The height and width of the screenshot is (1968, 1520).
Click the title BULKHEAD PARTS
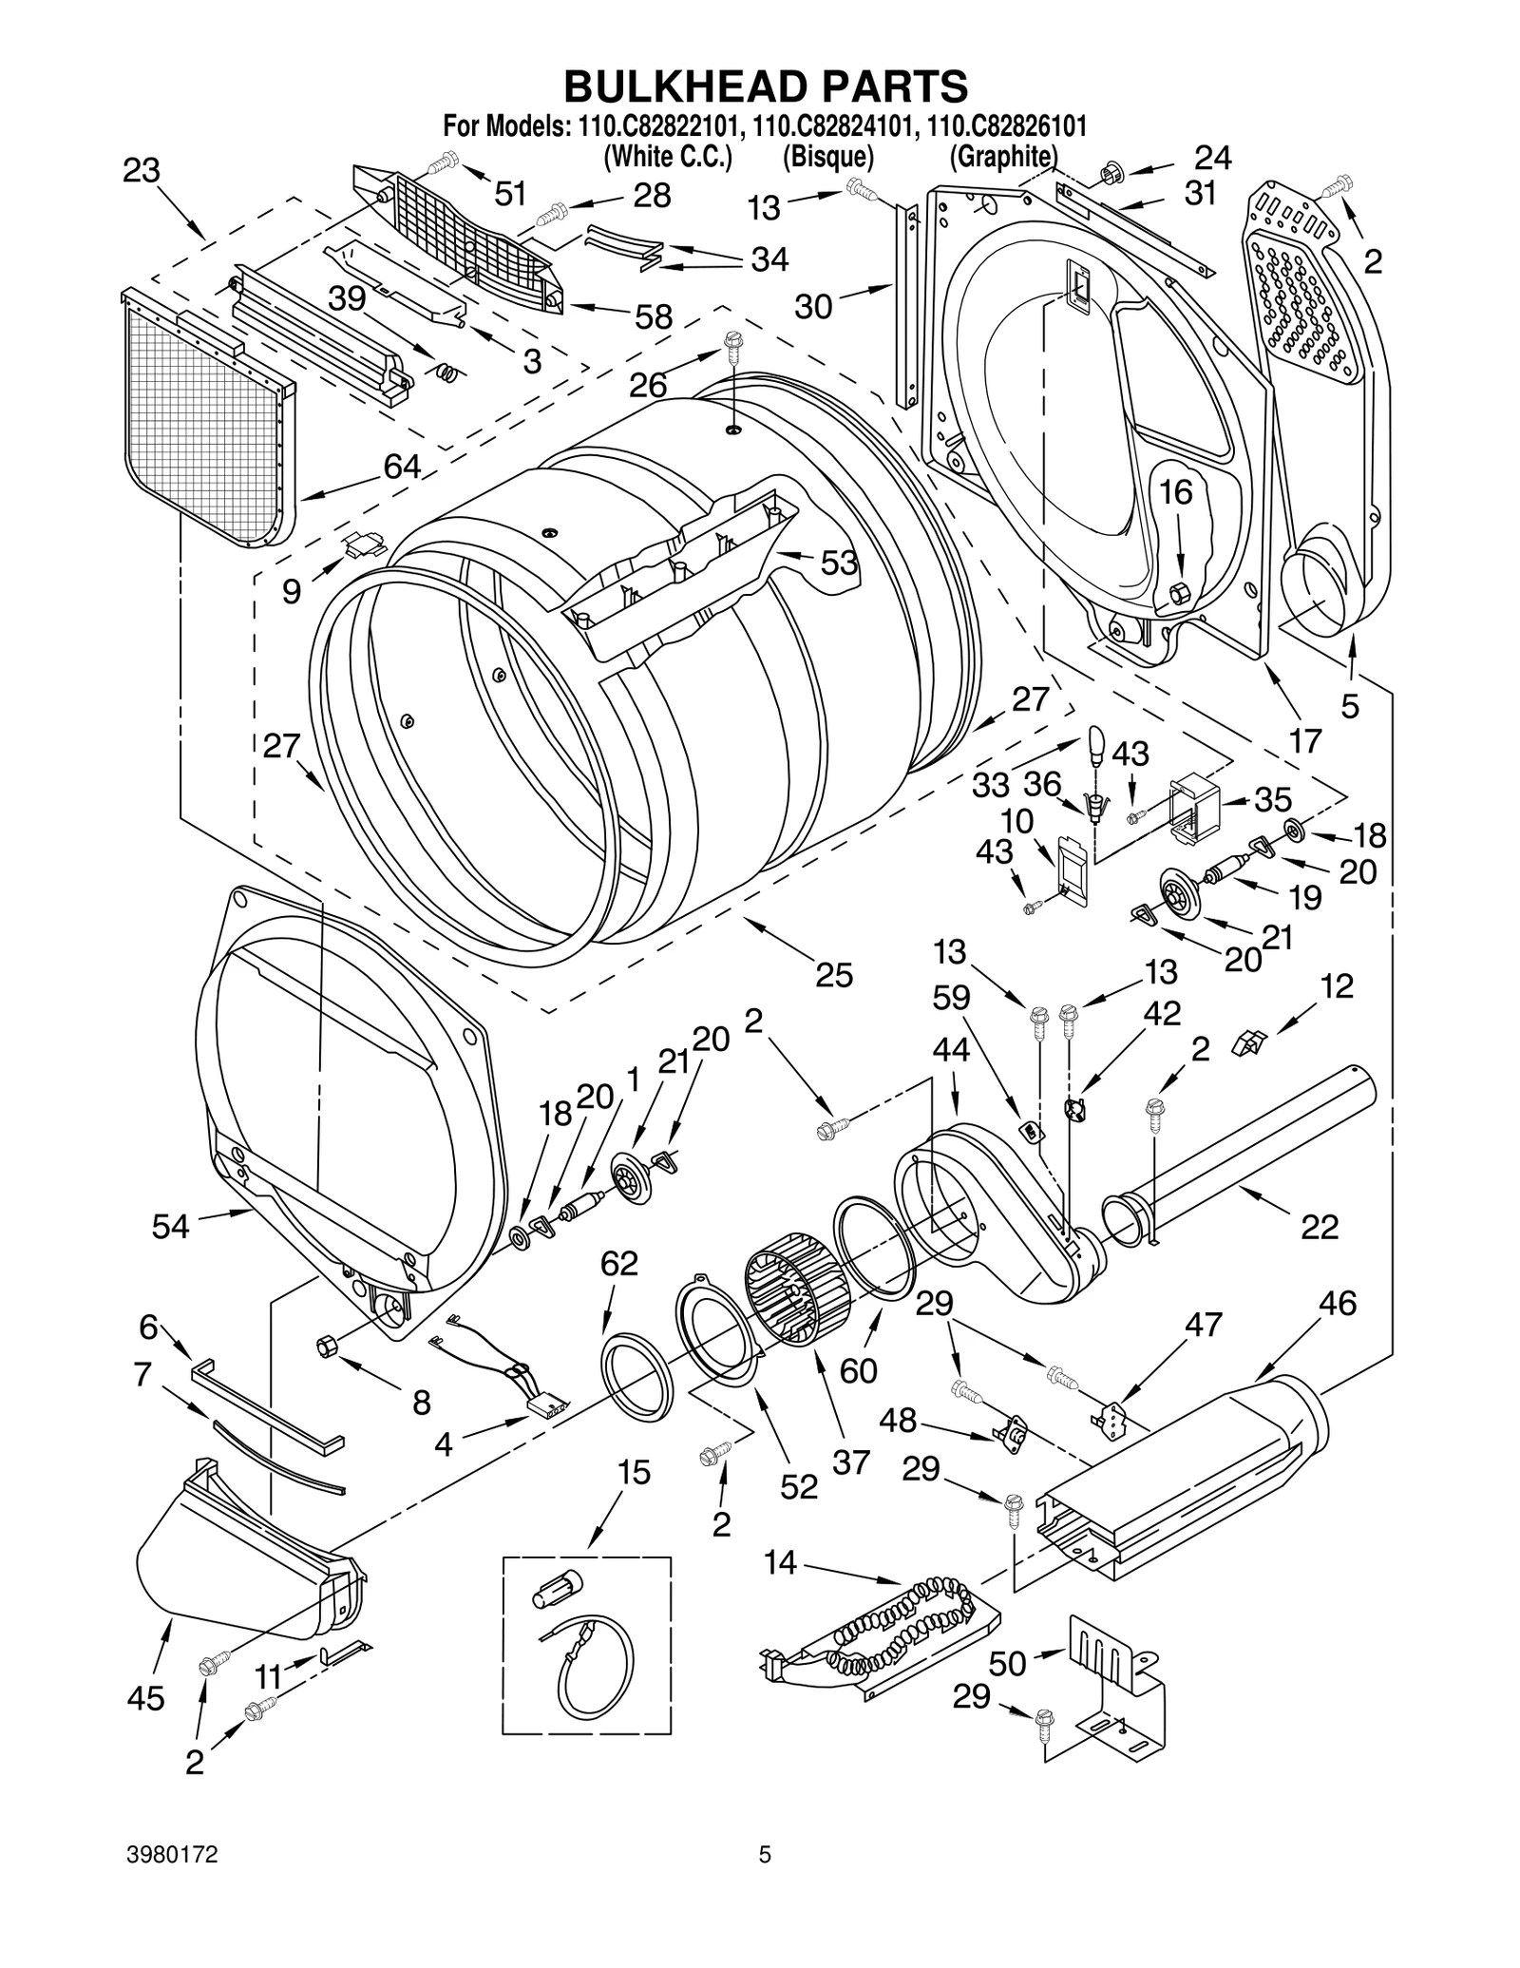pyautogui.click(x=766, y=86)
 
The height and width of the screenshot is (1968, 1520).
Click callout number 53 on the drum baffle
pyautogui.click(x=838, y=563)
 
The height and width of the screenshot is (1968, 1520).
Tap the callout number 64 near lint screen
pyautogui.click(x=402, y=467)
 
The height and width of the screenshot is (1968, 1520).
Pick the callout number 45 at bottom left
pyautogui.click(x=145, y=1697)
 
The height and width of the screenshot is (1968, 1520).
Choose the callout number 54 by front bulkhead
pyautogui.click(x=171, y=1227)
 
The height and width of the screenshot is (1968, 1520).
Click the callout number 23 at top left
pyautogui.click(x=141, y=171)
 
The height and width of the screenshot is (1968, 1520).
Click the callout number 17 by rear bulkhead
pyautogui.click(x=1305, y=739)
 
